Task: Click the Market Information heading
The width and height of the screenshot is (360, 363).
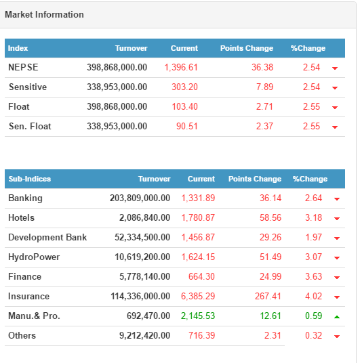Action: click(44, 15)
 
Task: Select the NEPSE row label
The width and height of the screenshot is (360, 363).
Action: click(23, 67)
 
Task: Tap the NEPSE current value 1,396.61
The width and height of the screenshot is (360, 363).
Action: click(181, 67)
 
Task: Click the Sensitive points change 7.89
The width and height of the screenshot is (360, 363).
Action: click(264, 87)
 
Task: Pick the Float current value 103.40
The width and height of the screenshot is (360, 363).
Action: click(185, 107)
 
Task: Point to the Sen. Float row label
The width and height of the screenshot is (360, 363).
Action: click(30, 127)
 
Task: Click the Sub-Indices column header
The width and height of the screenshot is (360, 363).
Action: click(30, 179)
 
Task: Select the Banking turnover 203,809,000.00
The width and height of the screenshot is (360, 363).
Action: click(140, 198)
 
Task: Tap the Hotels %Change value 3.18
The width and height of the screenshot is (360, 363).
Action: click(314, 218)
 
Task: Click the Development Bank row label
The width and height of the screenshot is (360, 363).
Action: click(47, 238)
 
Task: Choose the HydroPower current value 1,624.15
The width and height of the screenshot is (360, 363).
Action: click(198, 257)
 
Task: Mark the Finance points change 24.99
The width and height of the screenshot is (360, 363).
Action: click(271, 276)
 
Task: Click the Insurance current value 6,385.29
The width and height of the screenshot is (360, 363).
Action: click(198, 297)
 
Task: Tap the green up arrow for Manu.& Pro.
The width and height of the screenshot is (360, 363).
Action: click(337, 317)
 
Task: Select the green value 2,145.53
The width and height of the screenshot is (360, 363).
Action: click(198, 316)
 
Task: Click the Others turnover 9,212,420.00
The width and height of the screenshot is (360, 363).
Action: click(144, 336)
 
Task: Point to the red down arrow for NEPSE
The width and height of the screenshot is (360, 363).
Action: click(335, 68)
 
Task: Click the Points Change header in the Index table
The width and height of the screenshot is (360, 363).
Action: click(247, 48)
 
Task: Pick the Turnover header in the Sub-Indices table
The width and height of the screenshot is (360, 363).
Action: click(154, 179)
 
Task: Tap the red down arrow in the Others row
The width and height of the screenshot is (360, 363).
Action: click(337, 337)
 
